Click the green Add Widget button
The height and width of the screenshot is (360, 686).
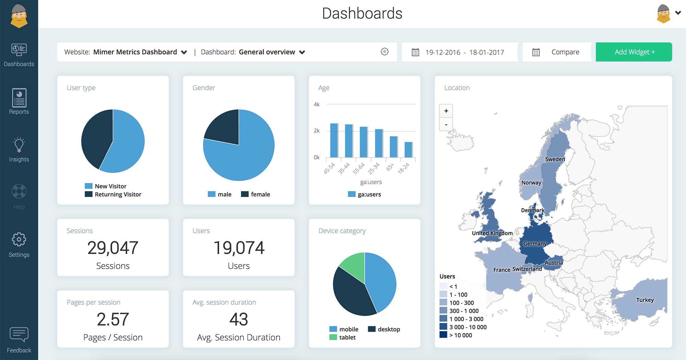[x=634, y=52]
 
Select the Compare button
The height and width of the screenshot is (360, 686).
[x=557, y=52]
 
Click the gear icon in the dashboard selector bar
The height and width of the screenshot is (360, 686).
[x=385, y=52]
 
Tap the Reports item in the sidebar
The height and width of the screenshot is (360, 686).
[x=19, y=102]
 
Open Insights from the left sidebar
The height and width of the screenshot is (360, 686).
[x=19, y=150]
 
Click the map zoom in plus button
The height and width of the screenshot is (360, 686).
[x=446, y=111]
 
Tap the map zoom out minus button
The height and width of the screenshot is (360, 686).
[x=446, y=124]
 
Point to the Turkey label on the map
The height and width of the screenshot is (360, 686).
[x=645, y=300]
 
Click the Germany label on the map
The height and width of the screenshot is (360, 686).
[x=535, y=244]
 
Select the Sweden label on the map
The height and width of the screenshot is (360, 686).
[x=555, y=159]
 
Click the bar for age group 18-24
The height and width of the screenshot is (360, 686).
[x=408, y=150]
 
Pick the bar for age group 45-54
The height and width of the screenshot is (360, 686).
[x=334, y=140]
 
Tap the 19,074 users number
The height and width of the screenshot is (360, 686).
[x=239, y=248]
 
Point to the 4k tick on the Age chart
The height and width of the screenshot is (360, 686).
[x=316, y=104]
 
